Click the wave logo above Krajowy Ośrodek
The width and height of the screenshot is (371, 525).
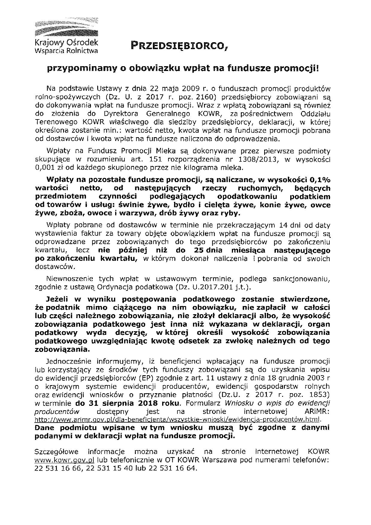(66, 28)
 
